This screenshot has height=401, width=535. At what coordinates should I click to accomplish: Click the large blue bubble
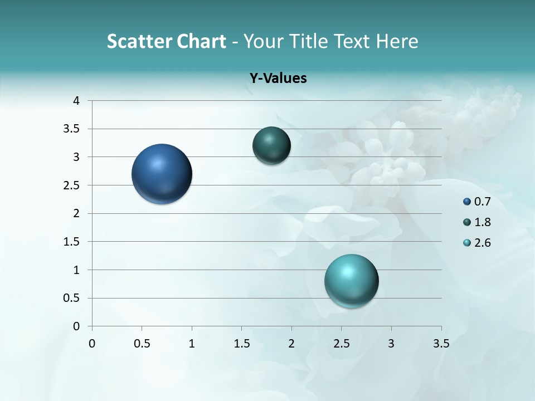[x=162, y=174]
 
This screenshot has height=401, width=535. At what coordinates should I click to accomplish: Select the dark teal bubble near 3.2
[x=271, y=145]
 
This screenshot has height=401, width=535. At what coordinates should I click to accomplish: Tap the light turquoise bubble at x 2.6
[x=351, y=281]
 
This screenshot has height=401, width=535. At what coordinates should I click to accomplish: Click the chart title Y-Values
[x=278, y=78]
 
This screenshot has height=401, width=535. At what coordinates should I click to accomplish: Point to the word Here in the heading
[x=397, y=41]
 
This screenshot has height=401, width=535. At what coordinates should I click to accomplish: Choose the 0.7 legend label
[x=483, y=202]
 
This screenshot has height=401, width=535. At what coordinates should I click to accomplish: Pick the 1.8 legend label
[x=483, y=222]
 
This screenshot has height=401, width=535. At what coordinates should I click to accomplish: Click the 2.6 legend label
[x=483, y=243]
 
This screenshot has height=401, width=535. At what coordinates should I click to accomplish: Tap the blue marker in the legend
[x=467, y=202]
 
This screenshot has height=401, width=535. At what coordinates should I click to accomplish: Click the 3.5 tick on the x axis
[x=441, y=344]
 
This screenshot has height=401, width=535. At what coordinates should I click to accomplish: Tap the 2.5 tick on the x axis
[x=341, y=344]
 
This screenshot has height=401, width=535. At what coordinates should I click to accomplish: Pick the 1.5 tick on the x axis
[x=241, y=344]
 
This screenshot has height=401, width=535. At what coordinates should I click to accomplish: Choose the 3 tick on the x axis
[x=391, y=344]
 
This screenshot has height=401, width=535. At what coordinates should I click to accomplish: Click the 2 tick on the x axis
[x=291, y=344]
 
